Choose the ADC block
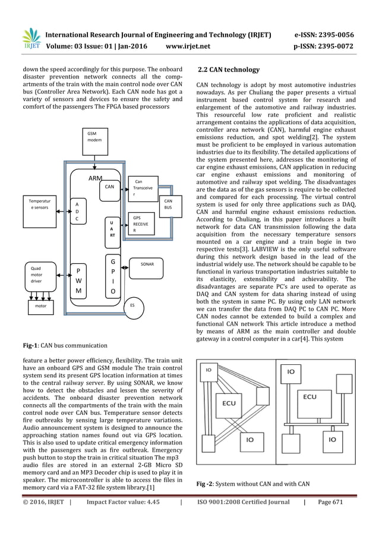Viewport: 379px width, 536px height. point(77,211)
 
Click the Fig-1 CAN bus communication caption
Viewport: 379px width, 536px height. point(57,345)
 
